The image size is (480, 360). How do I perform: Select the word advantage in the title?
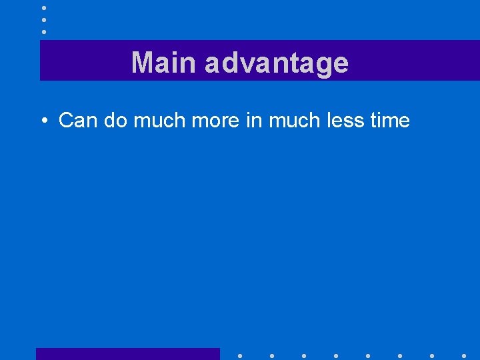pyautogui.click(x=277, y=63)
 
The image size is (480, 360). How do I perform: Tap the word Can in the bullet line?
pyautogui.click(x=77, y=120)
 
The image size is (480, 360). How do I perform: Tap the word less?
pyautogui.click(x=345, y=120)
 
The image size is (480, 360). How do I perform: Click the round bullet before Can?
pyautogui.click(x=43, y=121)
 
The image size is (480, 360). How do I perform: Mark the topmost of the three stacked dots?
pyautogui.click(x=43, y=8)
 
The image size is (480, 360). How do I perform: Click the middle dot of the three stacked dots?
pyautogui.click(x=43, y=20)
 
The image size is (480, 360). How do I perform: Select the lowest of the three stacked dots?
pyautogui.click(x=43, y=31)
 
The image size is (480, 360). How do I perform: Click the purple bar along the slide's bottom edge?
pyautogui.click(x=127, y=354)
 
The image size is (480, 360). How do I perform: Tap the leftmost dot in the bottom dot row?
pyautogui.click(x=240, y=355)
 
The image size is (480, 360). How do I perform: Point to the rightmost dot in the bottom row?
pyautogui.click(x=464, y=355)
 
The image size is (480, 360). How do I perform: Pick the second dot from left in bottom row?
pyautogui.click(x=272, y=355)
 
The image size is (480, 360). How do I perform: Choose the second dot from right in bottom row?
pyautogui.click(x=432, y=355)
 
